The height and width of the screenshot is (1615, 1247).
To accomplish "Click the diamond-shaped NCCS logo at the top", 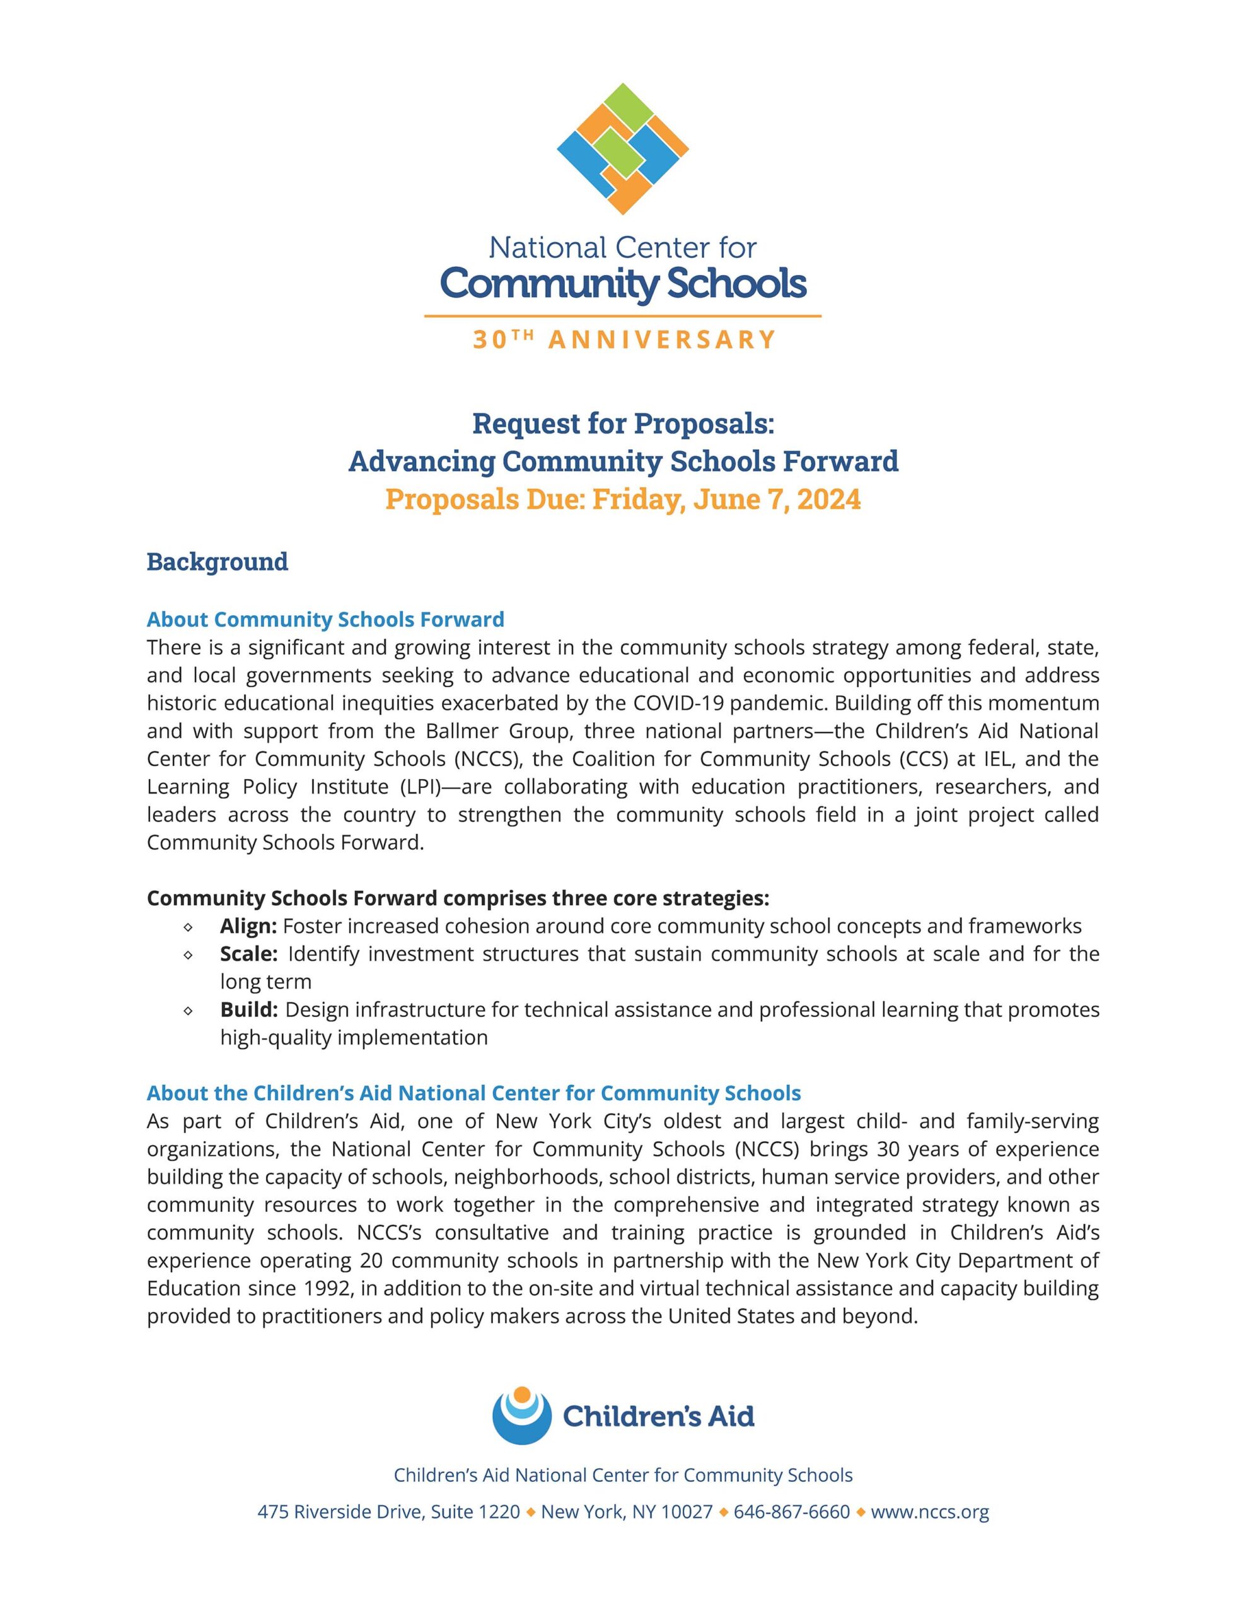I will pos(622,149).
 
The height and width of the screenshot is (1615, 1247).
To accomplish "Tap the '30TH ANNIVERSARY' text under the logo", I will pos(623,339).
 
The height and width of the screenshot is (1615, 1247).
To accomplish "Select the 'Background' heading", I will pos(217,561).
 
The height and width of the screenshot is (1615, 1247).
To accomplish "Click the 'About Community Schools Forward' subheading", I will pos(325,619).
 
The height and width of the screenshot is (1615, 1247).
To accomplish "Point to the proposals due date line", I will pos(623,499).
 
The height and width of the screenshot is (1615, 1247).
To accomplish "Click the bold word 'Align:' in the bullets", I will pos(248,926).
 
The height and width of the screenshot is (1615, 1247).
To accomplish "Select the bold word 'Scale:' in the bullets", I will pos(248,954).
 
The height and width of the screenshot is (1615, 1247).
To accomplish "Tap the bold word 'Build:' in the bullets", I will pos(248,1009).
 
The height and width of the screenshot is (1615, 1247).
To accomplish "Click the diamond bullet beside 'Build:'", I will pos(188,1010).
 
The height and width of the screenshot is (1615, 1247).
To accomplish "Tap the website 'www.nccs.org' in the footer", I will pos(929,1512).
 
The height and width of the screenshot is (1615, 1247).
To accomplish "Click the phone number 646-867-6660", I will pos(792,1512).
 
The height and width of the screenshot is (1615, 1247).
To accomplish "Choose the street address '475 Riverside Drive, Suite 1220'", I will pos(388,1512).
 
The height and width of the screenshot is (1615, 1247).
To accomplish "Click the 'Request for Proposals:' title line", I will pos(623,424).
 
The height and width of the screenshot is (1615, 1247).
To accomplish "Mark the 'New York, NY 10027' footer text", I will pos(627,1512).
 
